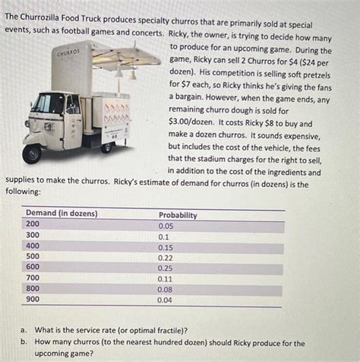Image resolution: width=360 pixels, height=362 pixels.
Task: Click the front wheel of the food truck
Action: click(x=32, y=154)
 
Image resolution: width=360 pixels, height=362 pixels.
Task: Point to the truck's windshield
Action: click(x=46, y=103)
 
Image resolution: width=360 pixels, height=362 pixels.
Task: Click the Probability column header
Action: click(x=177, y=215)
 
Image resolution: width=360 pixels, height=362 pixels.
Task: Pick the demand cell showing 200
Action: click(x=33, y=225)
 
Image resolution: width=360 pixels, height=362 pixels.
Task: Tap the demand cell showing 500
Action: click(x=33, y=257)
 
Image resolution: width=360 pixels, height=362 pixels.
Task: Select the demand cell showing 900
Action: click(x=33, y=300)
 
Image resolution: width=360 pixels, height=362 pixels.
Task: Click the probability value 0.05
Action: click(x=166, y=226)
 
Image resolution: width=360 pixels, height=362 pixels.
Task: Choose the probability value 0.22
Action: click(x=166, y=258)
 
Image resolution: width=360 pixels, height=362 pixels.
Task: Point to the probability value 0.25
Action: click(x=166, y=268)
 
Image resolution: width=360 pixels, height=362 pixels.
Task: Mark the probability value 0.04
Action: click(x=166, y=300)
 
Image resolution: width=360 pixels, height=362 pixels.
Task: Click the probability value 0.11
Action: click(x=166, y=279)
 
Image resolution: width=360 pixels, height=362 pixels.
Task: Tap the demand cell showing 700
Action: click(x=33, y=278)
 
